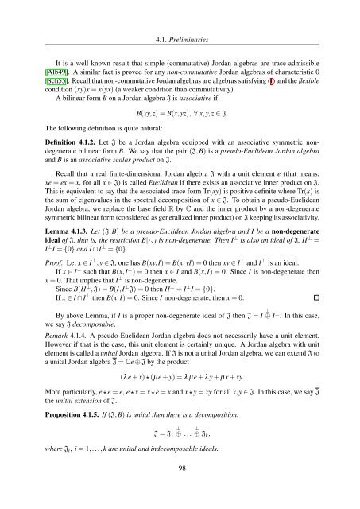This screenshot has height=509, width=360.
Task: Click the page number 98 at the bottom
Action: (x=180, y=492)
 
